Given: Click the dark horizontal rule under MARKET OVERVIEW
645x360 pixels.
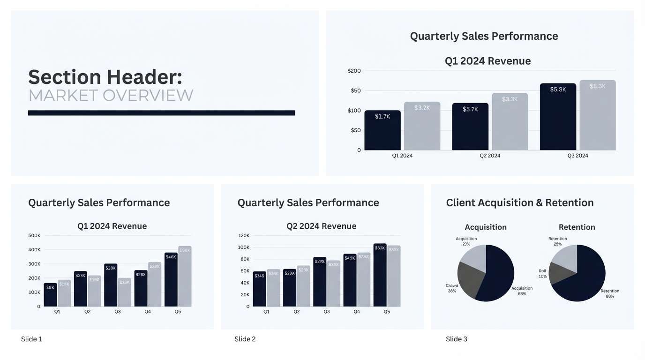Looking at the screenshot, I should coord(161,113).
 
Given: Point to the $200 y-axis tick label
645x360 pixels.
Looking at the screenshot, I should coord(354,71).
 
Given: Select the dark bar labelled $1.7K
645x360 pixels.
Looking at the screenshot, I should coord(382,131).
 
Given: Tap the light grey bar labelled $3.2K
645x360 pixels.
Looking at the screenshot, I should coord(422,127).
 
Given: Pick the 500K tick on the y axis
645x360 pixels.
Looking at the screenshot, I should coord(35,235).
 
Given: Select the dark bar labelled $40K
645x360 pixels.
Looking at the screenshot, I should coord(171,280).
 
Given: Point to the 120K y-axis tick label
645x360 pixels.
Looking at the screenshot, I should coord(244,235).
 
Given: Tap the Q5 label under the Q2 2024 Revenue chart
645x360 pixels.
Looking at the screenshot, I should coord(387,312).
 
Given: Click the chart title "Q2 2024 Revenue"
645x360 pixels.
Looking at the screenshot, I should coord(322,226).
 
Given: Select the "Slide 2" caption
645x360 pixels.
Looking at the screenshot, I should coord(245,339).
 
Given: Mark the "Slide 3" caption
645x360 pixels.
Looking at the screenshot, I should coord(457,339).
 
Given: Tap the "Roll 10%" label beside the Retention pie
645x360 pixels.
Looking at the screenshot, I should coord(542,274).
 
